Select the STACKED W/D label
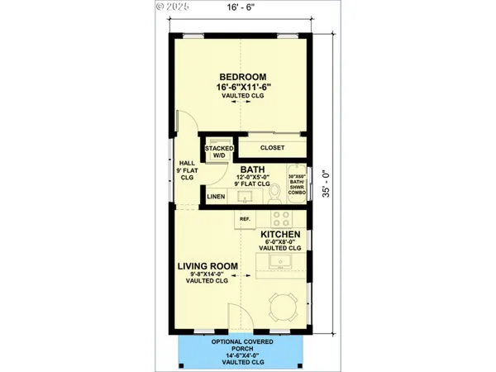tap(218, 150)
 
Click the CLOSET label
tap(272, 148)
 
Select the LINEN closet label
tap(215, 198)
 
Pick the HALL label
tap(186, 169)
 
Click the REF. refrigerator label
tap(245, 219)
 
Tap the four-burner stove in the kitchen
tap(281, 219)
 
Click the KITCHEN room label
tap(280, 236)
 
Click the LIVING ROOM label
tap(207, 266)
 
